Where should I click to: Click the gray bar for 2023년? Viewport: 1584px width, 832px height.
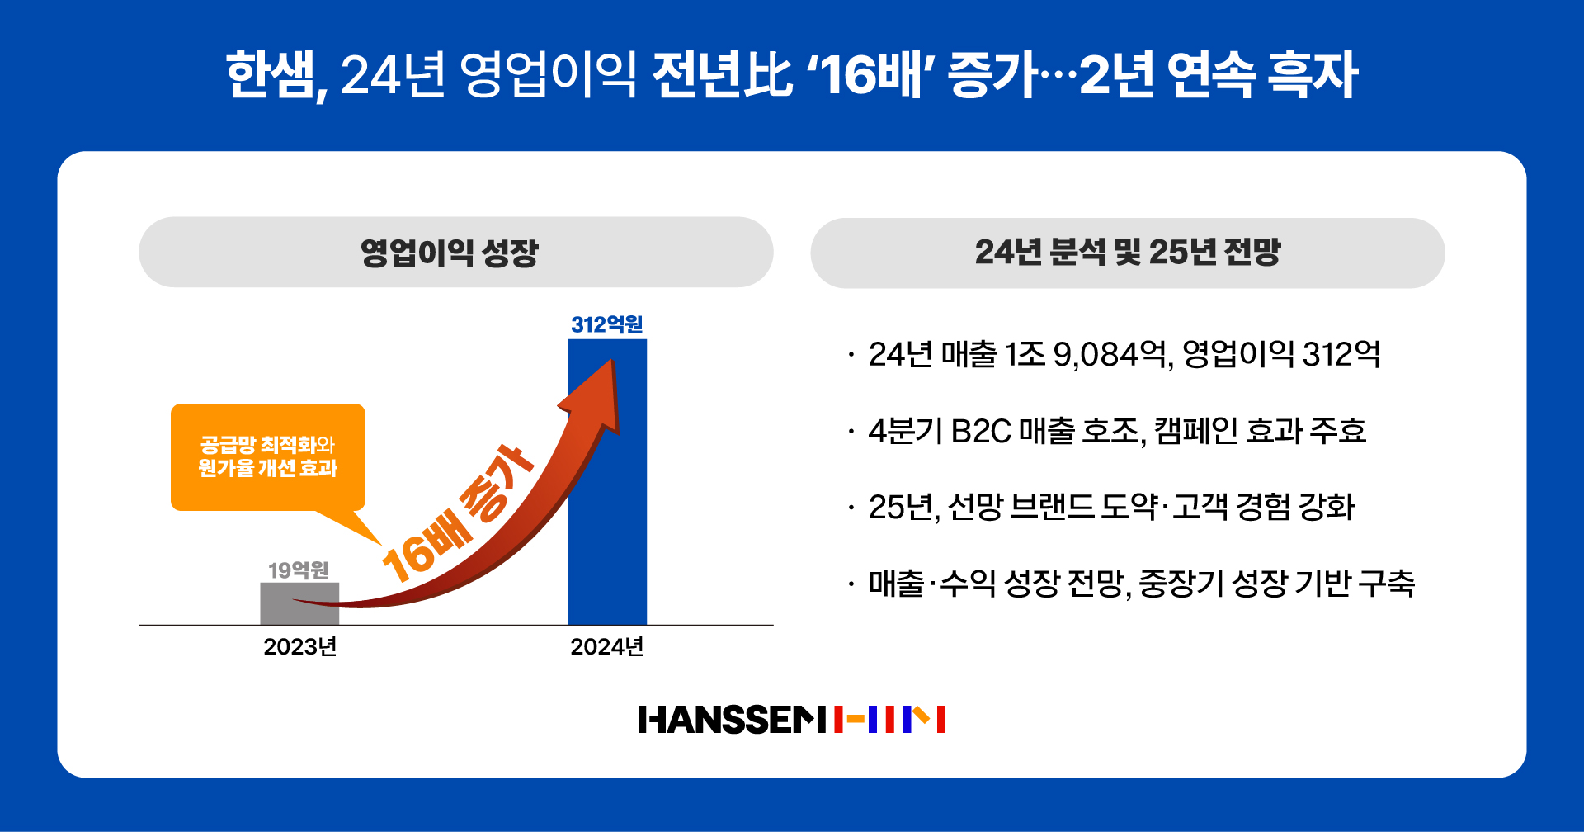pyautogui.click(x=299, y=603)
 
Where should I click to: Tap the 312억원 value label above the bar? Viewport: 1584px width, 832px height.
pyautogui.click(x=607, y=324)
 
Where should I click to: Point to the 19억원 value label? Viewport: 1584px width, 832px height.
pyautogui.click(x=299, y=570)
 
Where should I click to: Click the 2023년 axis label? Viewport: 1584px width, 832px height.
pyautogui.click(x=300, y=646)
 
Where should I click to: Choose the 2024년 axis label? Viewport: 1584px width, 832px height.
pyautogui.click(x=607, y=646)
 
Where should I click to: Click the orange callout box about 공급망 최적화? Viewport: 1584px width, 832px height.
pyautogui.click(x=267, y=456)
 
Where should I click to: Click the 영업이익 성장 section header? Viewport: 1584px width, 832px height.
pyautogui.click(x=450, y=253)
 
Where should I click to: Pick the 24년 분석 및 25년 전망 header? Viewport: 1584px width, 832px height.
pyautogui.click(x=1127, y=253)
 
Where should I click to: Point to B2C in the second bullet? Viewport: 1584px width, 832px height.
pyautogui.click(x=981, y=431)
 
